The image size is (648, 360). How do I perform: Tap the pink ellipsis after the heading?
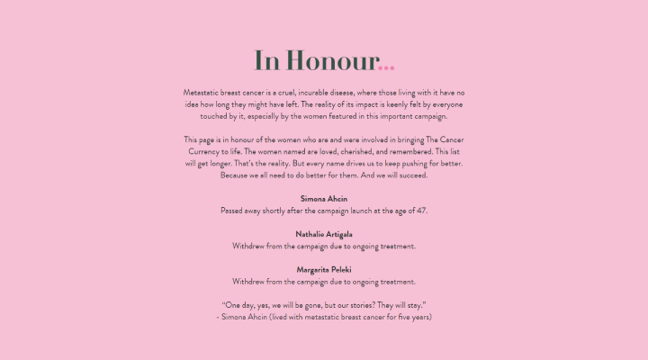[387, 65]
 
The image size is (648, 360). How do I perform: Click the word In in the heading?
[266, 61]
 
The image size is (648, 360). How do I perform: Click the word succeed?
[410, 175]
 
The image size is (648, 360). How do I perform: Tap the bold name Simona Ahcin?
[324, 198]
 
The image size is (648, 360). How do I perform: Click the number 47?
[420, 210]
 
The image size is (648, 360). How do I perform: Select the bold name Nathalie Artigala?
[324, 234]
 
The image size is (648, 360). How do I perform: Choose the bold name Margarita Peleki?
[324, 269]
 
